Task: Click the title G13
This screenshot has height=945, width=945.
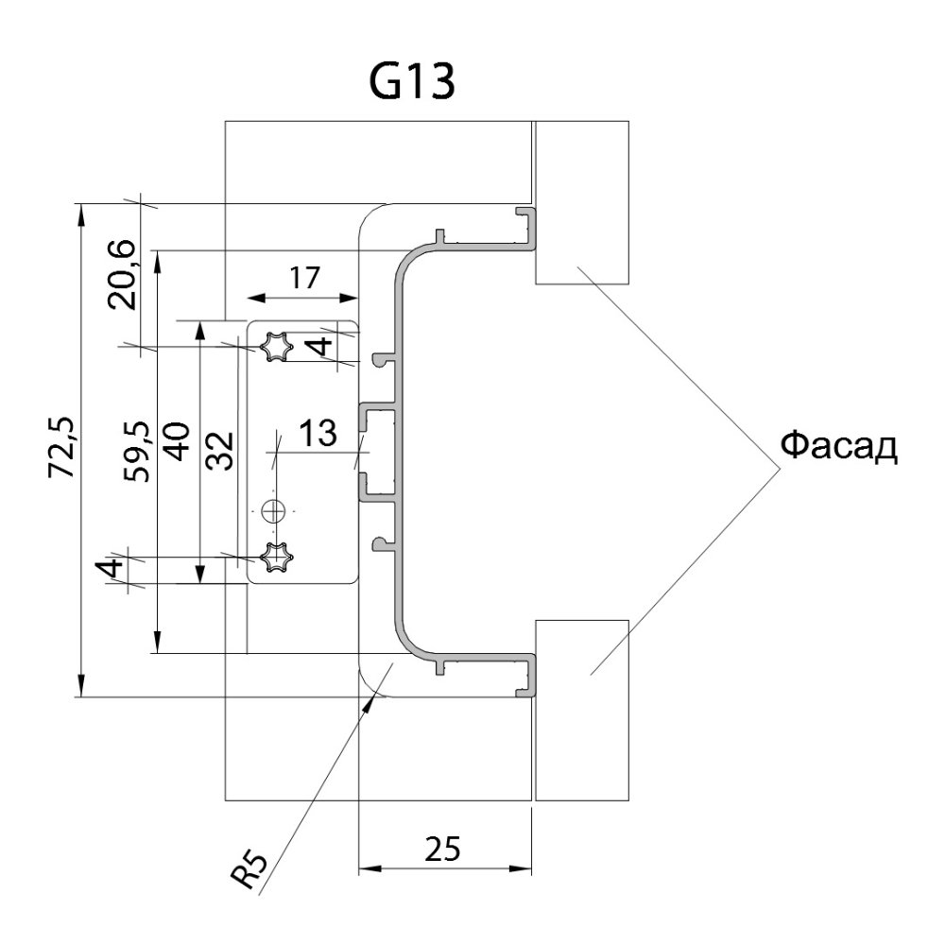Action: pyautogui.click(x=412, y=83)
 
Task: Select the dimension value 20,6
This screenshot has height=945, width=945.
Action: pyautogui.click(x=123, y=276)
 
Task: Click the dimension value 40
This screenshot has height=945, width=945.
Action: pyautogui.click(x=178, y=440)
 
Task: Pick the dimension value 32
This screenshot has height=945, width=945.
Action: pyautogui.click(x=220, y=449)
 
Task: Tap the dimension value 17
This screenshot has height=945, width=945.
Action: pyautogui.click(x=303, y=277)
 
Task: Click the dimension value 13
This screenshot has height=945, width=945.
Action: pyautogui.click(x=318, y=434)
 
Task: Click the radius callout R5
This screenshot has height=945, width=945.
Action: pyautogui.click(x=250, y=869)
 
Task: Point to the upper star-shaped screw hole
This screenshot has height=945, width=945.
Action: pyautogui.click(x=276, y=347)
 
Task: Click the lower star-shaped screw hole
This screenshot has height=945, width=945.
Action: pyautogui.click(x=276, y=558)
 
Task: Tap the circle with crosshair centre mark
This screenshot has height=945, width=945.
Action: pyautogui.click(x=274, y=511)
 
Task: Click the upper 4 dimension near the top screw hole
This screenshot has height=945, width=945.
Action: pyautogui.click(x=321, y=346)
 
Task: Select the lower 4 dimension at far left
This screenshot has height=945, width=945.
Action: pyautogui.click(x=111, y=570)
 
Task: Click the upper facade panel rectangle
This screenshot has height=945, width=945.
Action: pyautogui.click(x=581, y=202)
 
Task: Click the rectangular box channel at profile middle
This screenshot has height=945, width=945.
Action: pyautogui.click(x=379, y=449)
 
